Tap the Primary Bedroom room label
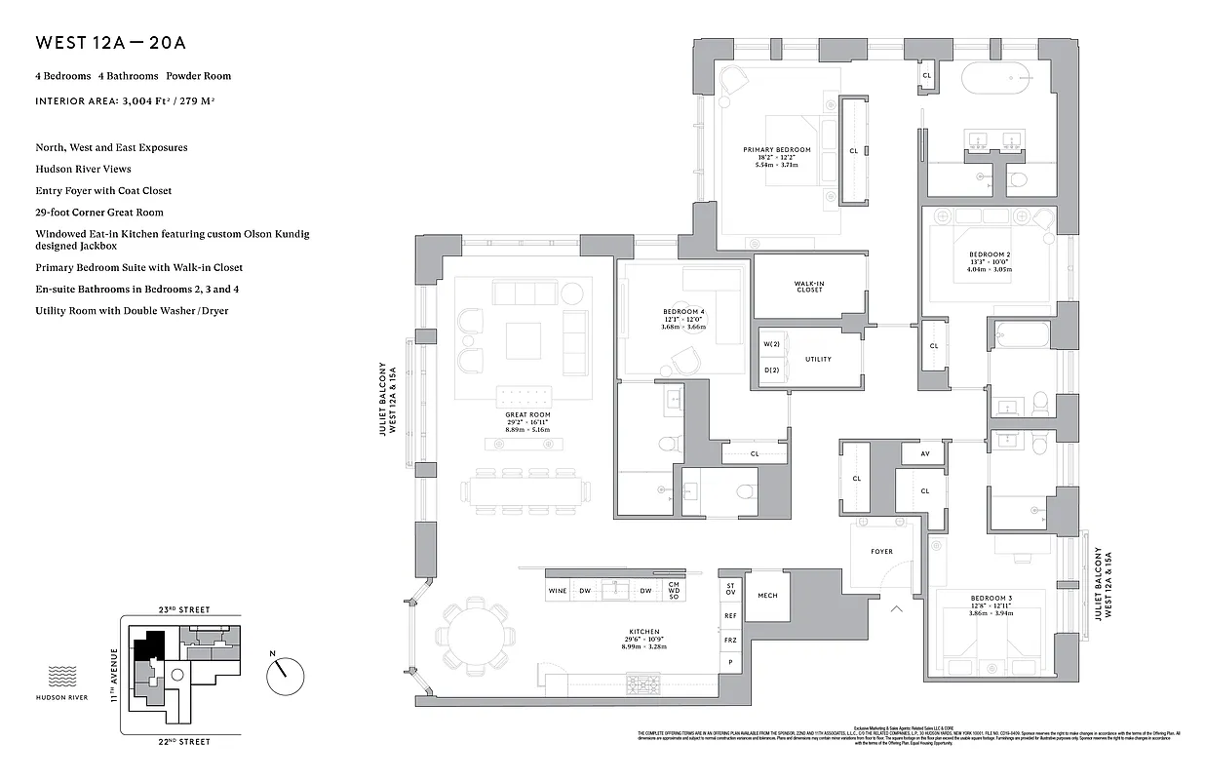tap(776, 150)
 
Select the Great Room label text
tap(527, 414)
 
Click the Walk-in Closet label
tap(809, 286)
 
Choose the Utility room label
tap(818, 359)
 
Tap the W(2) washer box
tap(771, 344)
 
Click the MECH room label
tap(767, 595)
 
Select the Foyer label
tap(881, 552)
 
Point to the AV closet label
tap(924, 454)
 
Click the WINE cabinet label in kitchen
tap(558, 591)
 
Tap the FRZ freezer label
tap(729, 640)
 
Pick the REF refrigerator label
tap(729, 615)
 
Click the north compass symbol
tap(285, 672)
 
